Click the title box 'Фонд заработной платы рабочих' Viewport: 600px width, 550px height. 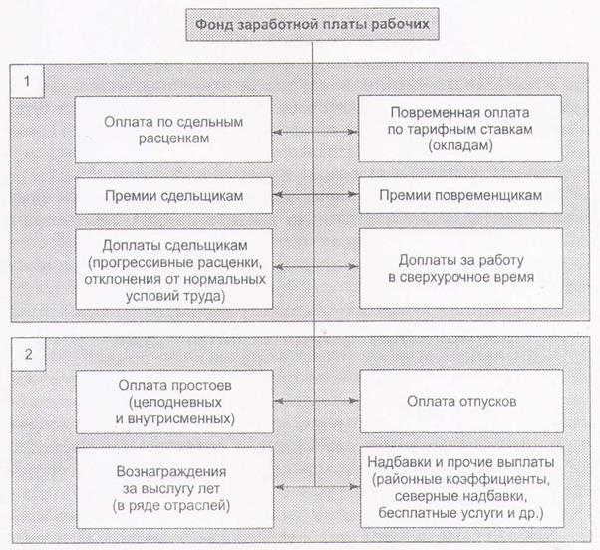click(312, 25)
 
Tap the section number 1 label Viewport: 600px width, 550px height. click(27, 81)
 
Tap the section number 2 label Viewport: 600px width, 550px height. click(28, 354)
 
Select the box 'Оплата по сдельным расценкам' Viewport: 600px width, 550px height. click(173, 130)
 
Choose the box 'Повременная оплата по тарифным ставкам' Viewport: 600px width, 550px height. click(459, 129)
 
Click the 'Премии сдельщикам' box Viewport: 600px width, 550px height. click(173, 196)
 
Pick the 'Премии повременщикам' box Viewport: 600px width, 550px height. click(460, 195)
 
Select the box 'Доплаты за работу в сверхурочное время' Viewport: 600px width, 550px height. click(461, 268)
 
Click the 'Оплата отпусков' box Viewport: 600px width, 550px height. click(461, 401)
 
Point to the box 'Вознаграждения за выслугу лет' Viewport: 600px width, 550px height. click(175, 488)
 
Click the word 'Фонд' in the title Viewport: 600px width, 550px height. click(213, 25)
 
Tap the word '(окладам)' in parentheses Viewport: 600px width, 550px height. click(460, 145)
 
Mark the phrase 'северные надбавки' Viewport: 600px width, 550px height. click(460, 496)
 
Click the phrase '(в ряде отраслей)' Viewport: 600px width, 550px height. click(171, 505)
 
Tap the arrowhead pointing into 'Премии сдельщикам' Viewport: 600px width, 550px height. click(278, 194)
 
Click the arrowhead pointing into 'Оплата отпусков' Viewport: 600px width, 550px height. click(355, 401)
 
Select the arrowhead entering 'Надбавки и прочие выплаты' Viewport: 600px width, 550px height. click(355, 487)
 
